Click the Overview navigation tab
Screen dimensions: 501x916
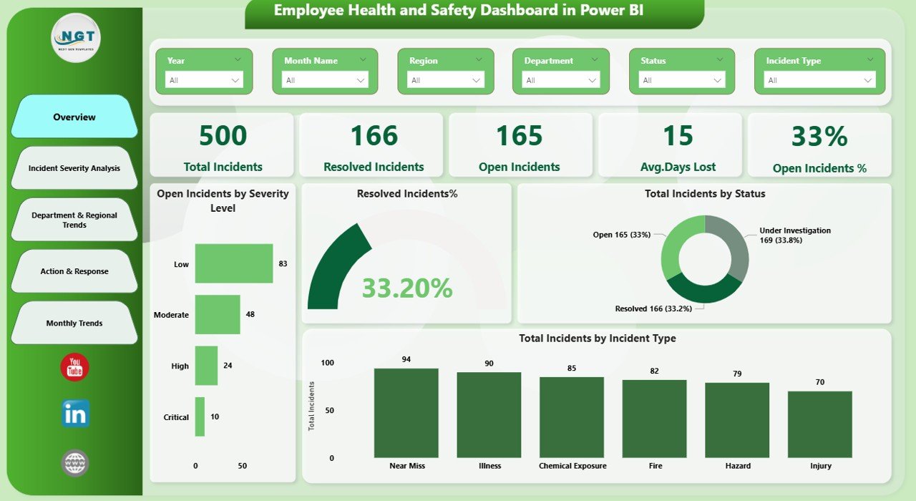[74, 117]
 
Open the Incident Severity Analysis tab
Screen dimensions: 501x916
[74, 168]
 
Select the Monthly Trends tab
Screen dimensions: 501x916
[74, 323]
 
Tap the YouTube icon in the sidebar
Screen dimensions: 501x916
[74, 367]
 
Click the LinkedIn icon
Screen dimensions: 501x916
[75, 414]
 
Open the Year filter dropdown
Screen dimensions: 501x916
[204, 80]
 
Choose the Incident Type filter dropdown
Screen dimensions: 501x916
[819, 80]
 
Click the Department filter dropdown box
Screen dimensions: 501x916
[561, 80]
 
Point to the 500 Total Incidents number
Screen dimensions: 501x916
[223, 136]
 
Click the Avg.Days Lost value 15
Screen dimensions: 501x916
[677, 136]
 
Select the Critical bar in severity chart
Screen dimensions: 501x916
[200, 417]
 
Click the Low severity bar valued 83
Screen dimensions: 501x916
[233, 263]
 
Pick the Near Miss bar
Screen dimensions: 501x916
[406, 413]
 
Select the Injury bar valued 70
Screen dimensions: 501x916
[819, 424]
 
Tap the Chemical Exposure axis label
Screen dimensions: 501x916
[572, 466]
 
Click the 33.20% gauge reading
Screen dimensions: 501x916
[406, 288]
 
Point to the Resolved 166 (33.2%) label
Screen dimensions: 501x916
[656, 308]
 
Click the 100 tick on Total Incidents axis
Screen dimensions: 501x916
[327, 363]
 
